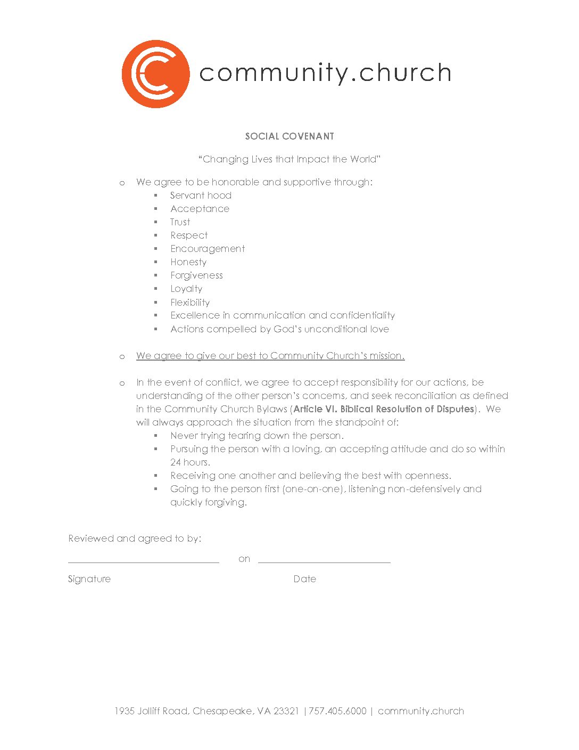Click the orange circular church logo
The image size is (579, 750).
pyautogui.click(x=155, y=74)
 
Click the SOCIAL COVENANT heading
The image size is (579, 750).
pyautogui.click(x=289, y=136)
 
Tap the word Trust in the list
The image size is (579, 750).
pyautogui.click(x=180, y=222)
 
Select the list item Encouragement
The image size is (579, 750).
pyautogui.click(x=208, y=249)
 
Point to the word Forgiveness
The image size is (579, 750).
pyautogui.click(x=196, y=275)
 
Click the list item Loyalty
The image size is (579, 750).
pyautogui.click(x=186, y=289)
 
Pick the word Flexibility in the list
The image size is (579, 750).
pyautogui.click(x=190, y=303)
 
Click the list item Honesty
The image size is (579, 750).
pyautogui.click(x=188, y=262)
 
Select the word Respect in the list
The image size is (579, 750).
pyautogui.click(x=189, y=235)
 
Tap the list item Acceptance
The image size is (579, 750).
pyautogui.click(x=200, y=209)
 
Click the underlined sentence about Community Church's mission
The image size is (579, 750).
pyautogui.click(x=270, y=356)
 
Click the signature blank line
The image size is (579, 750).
pyautogui.click(x=144, y=561)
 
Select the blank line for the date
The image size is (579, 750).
pyautogui.click(x=324, y=561)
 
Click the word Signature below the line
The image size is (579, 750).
pyautogui.click(x=89, y=579)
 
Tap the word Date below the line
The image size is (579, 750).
pyautogui.click(x=304, y=579)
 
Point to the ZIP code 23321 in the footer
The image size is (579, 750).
pyautogui.click(x=286, y=711)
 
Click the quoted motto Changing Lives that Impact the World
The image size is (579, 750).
pyautogui.click(x=289, y=159)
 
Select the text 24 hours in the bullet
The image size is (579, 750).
pyautogui.click(x=189, y=462)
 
